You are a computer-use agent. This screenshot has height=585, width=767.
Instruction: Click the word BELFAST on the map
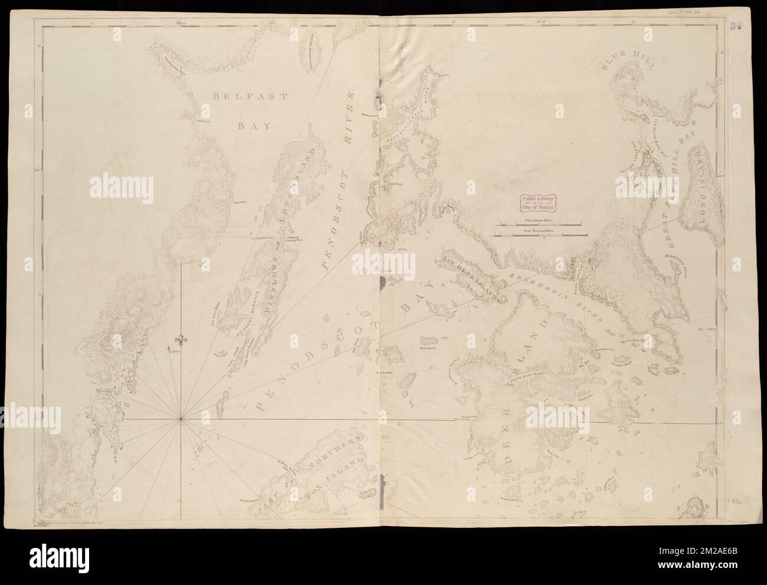click(x=242, y=96)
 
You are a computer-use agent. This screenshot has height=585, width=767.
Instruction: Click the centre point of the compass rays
click(x=181, y=419)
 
